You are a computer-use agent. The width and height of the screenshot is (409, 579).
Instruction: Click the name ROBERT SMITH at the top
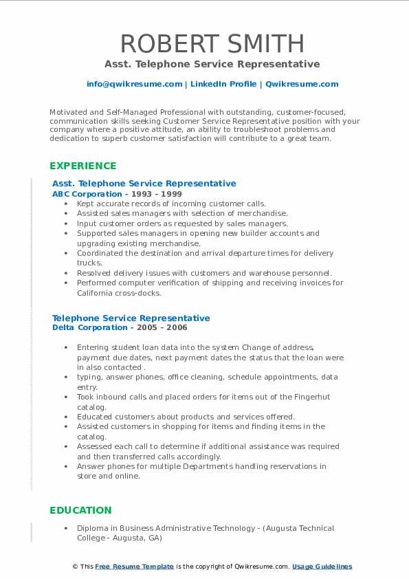[x=212, y=43]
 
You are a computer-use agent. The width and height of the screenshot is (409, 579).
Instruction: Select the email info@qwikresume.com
[x=135, y=84]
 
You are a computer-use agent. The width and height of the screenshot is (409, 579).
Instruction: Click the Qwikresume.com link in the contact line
[x=302, y=84]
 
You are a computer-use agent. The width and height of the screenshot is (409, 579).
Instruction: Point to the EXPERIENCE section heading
[x=83, y=166]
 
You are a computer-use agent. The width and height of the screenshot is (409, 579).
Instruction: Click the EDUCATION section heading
[x=80, y=510]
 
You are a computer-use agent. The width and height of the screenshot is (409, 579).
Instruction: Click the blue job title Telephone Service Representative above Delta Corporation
[x=131, y=318]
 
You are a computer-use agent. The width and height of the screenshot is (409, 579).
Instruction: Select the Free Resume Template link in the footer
[x=134, y=567]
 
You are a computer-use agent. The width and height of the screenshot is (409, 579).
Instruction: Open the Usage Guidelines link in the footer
[x=322, y=567]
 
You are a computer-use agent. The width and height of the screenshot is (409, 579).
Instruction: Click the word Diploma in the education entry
[x=93, y=528]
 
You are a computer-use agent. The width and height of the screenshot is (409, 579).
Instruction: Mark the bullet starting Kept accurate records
[x=171, y=204]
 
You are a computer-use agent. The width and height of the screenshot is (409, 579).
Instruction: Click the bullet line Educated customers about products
[x=186, y=417]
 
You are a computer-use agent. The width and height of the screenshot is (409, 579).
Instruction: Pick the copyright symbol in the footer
[x=75, y=567]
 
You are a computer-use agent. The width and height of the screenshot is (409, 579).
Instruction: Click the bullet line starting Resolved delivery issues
[x=204, y=273]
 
